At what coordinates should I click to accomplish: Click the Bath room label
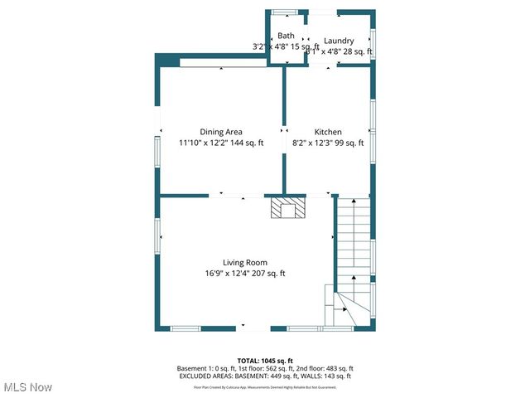click(x=286, y=36)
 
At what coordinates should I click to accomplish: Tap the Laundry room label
click(x=339, y=41)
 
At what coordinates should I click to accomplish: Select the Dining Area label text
click(x=221, y=132)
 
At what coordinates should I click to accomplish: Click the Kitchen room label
click(x=328, y=132)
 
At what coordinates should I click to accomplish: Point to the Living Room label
click(x=244, y=263)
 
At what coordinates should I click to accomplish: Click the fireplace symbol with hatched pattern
click(x=288, y=207)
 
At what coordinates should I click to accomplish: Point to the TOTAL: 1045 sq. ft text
click(x=265, y=361)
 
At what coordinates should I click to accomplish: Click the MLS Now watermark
click(x=27, y=387)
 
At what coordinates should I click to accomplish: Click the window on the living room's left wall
click(x=157, y=231)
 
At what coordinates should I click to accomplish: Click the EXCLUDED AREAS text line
click(x=265, y=376)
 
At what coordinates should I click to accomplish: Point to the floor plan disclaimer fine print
click(x=265, y=386)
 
